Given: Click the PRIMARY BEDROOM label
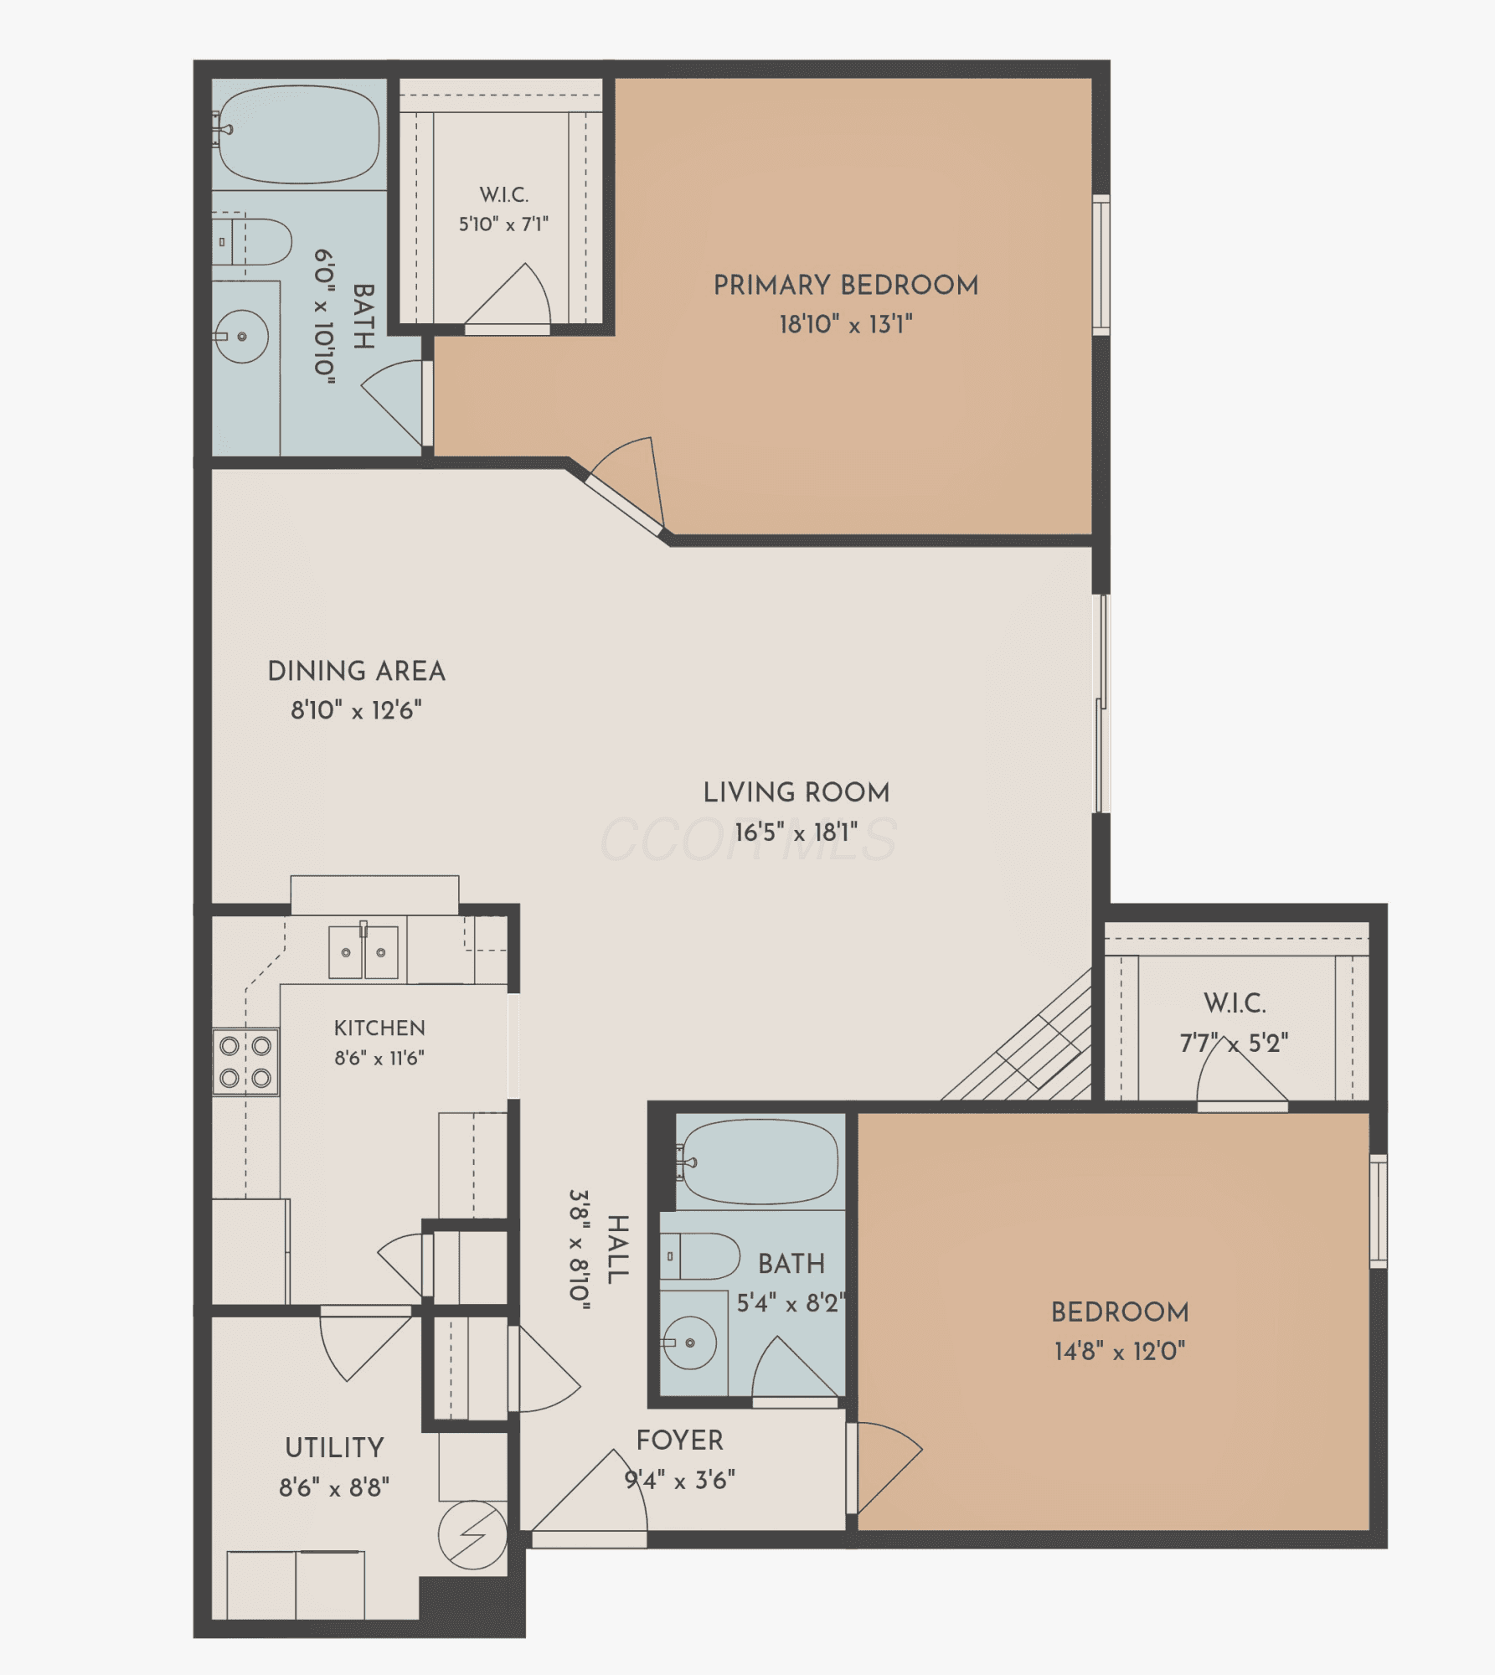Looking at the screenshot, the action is pyautogui.click(x=846, y=286).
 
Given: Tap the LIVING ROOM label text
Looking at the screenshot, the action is pyautogui.click(x=796, y=792).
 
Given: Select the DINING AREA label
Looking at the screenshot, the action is pyautogui.click(x=357, y=671).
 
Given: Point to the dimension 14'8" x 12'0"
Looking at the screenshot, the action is pyautogui.click(x=1120, y=1351).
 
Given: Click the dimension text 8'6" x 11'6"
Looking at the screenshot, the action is pyautogui.click(x=379, y=1059).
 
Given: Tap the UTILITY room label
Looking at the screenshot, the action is pyautogui.click(x=334, y=1448).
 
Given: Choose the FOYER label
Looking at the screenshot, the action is pyautogui.click(x=679, y=1440).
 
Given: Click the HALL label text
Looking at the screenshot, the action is pyautogui.click(x=617, y=1250).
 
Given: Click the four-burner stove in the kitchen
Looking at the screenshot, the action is pyautogui.click(x=245, y=1061).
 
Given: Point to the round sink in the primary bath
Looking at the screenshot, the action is pyautogui.click(x=243, y=337).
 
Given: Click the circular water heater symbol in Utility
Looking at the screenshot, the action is pyautogui.click(x=473, y=1535).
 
